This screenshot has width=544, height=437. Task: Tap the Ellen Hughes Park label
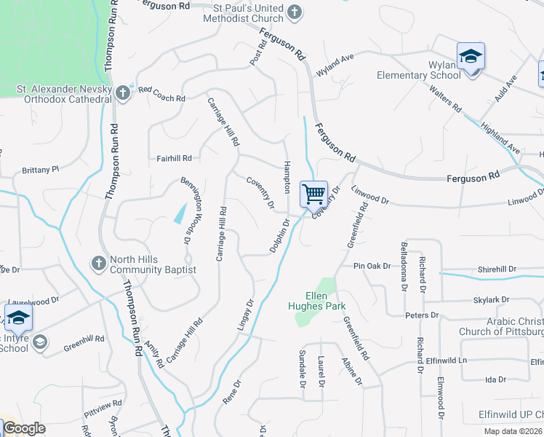tap(316, 301)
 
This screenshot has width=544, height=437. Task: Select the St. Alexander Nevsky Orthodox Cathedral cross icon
tap(122, 92)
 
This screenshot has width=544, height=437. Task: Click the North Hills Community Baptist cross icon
tap(99, 261)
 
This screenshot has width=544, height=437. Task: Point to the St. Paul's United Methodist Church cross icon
tap(294, 12)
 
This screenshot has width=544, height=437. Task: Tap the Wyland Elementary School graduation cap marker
tap(471, 56)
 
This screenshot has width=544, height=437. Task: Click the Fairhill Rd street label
tap(174, 158)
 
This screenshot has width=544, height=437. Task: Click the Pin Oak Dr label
tap(372, 267)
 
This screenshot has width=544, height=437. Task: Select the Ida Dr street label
tap(495, 379)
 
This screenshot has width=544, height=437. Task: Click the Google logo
tap(24, 428)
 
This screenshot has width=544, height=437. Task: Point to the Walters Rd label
tap(445, 98)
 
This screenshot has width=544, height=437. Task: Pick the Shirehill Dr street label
tap(497, 269)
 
